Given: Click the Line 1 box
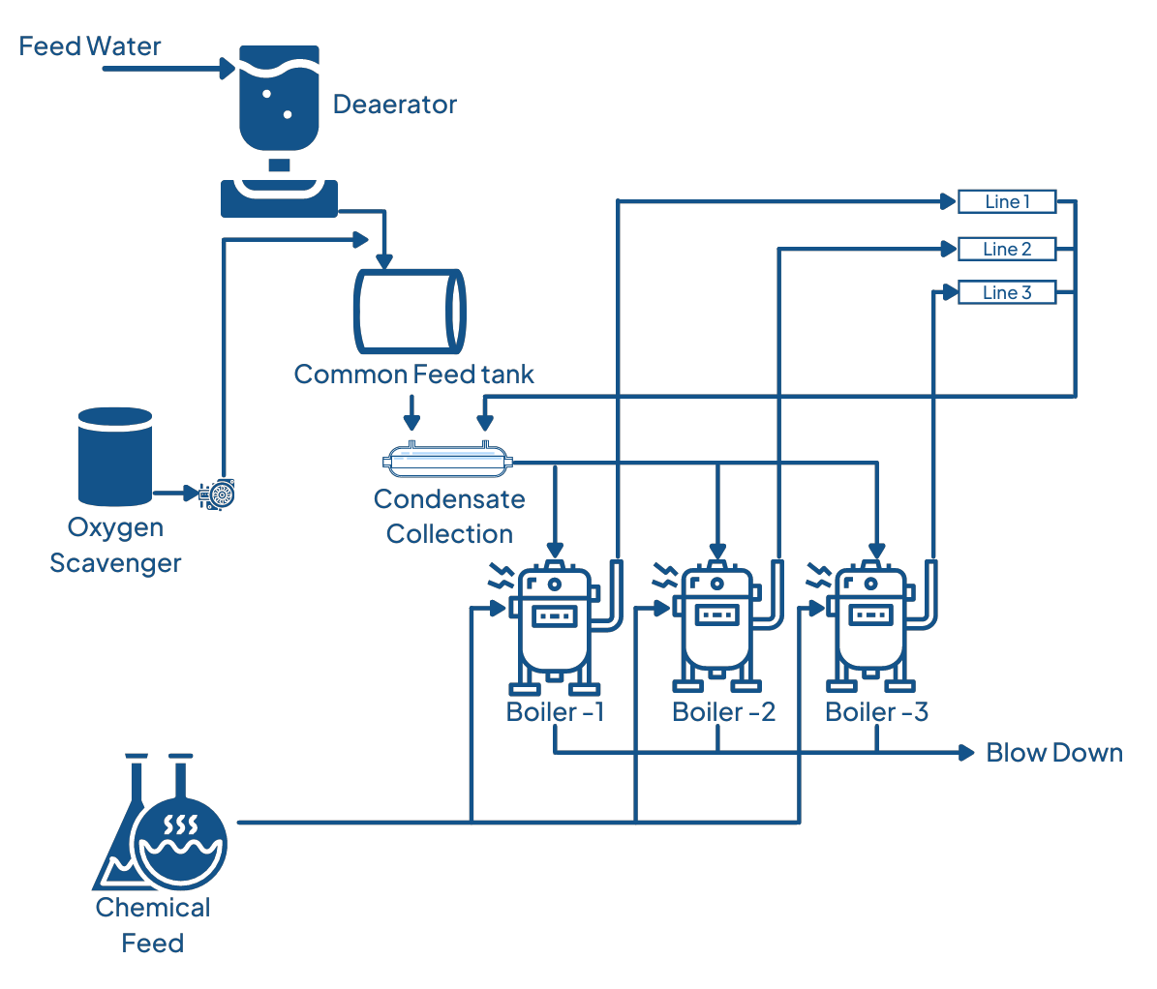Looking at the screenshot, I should (1006, 201).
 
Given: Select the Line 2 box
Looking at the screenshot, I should (1006, 249).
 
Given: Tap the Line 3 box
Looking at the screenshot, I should (1006, 292).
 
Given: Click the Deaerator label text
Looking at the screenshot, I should (394, 105).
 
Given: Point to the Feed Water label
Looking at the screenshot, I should (90, 46).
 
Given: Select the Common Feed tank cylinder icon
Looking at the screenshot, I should (410, 311).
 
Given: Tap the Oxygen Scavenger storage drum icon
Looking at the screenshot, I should (115, 456).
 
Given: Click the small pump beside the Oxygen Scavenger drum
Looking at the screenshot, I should (218, 494).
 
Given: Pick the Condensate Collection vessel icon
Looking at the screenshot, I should (447, 462).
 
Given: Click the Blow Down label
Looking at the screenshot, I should (1054, 753).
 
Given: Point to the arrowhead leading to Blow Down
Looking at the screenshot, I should (965, 753).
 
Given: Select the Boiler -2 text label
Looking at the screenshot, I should (723, 712).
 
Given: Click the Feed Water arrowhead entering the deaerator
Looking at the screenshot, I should (228, 69).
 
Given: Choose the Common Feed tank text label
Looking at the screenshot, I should (413, 375).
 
